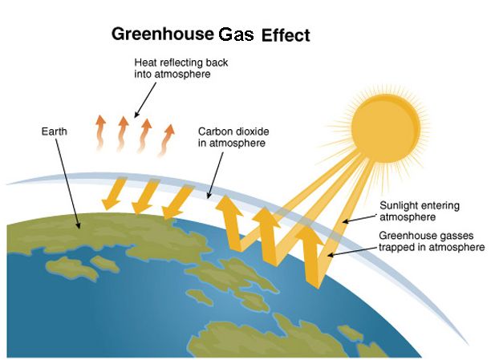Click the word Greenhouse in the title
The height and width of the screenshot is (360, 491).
click(163, 34)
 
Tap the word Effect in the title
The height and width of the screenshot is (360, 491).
click(286, 35)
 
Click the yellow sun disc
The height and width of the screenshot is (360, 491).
click(385, 128)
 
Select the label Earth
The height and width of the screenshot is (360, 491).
click(55, 131)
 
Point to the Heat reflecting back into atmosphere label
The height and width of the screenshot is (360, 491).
click(181, 68)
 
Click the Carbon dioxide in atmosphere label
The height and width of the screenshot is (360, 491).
click(233, 137)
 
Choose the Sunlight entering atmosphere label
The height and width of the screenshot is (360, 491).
click(420, 212)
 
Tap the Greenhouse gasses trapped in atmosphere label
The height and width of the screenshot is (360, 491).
click(432, 241)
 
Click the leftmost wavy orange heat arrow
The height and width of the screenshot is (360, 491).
click(100, 132)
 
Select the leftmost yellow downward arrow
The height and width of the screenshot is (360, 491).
click(114, 193)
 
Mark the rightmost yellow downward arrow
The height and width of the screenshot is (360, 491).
click(177, 201)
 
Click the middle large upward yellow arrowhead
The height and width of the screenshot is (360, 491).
click(266, 216)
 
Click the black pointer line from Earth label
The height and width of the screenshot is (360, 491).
click(68, 184)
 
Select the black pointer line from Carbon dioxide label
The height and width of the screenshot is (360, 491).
click(215, 175)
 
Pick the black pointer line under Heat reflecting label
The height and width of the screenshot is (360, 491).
click(145, 100)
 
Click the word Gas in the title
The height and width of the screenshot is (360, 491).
click(236, 34)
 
